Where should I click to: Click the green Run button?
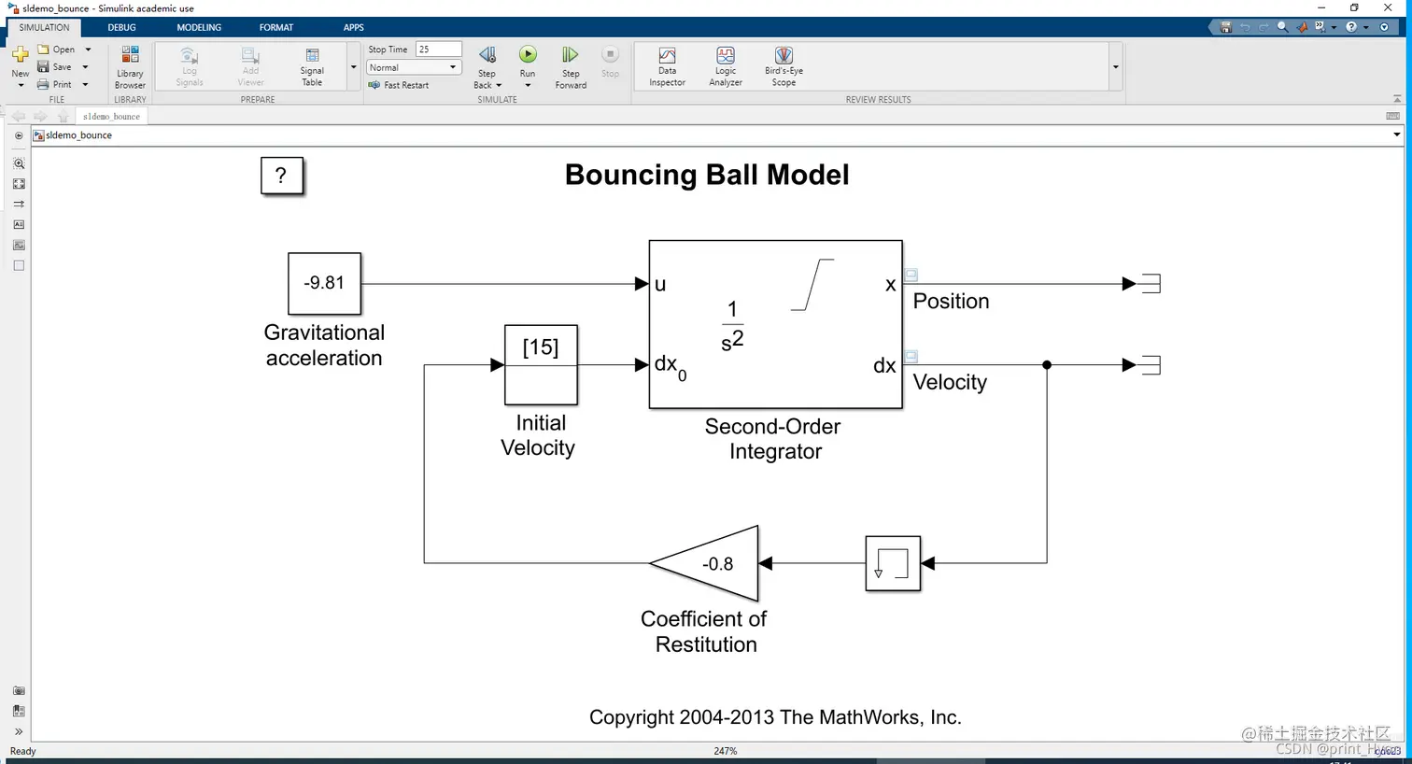(528, 55)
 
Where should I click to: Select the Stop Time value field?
(438, 50)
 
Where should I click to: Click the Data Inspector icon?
(667, 57)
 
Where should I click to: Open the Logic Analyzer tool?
(726, 57)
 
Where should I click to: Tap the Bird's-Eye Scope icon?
(784, 57)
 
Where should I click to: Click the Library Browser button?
(130, 57)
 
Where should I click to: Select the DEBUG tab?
(121, 27)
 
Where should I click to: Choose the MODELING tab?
(199, 27)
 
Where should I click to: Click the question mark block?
(281, 176)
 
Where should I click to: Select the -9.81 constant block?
(324, 283)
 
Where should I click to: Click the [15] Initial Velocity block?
(541, 364)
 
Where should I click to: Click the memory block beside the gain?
(893, 563)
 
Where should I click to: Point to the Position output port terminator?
(1151, 284)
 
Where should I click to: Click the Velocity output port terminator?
(1151, 365)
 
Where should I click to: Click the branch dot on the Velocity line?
(1047, 365)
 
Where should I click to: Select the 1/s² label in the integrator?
(732, 324)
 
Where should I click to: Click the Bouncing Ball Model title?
(707, 175)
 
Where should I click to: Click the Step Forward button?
(571, 56)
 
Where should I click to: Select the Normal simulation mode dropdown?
(412, 67)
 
